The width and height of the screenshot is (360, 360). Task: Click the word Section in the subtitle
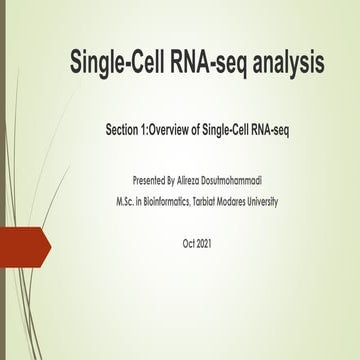[127, 130]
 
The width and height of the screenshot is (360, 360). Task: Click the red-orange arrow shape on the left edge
[22, 247]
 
